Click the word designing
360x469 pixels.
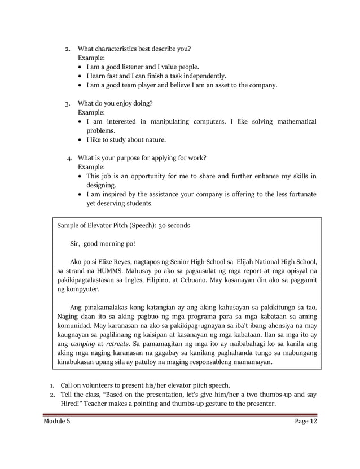[102, 185]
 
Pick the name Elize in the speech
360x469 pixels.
[108, 262]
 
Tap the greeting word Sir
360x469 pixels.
[76, 244]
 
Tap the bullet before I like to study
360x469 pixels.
[80, 140]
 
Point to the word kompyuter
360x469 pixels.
[82, 289]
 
